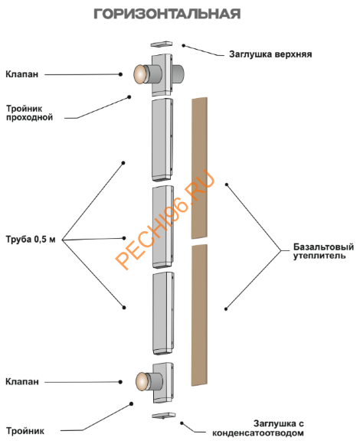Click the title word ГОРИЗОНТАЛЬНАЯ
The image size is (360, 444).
[x=167, y=14]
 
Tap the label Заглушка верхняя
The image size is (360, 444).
[x=270, y=54]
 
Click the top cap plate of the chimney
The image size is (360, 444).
[x=162, y=44]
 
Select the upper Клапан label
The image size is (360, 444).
[x=21, y=74]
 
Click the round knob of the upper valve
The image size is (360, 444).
[x=139, y=74]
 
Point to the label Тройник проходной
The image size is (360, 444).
[x=29, y=113]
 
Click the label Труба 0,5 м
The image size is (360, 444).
[x=31, y=240]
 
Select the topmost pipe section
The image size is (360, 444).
[x=162, y=139]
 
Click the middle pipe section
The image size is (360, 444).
[x=163, y=227]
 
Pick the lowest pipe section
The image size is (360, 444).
[x=163, y=313]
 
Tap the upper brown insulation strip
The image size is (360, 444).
[x=200, y=168]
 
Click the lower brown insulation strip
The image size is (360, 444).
[x=199, y=315]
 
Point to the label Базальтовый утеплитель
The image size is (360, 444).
[x=323, y=251]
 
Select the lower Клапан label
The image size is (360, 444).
[x=22, y=382]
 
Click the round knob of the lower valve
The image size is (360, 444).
[x=142, y=381]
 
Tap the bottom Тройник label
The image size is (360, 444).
[x=25, y=431]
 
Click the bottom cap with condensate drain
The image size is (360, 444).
[x=163, y=416]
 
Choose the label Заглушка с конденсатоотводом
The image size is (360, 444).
[x=258, y=429]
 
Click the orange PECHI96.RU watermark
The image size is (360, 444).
[x=165, y=220]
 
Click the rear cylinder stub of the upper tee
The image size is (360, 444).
[x=178, y=74]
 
